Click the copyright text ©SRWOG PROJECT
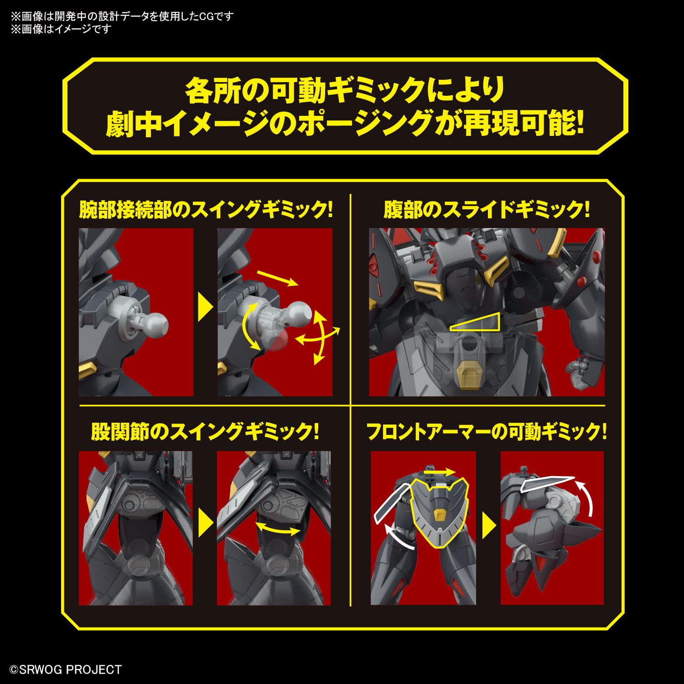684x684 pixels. pos(66,669)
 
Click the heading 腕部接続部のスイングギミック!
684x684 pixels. pos(206,210)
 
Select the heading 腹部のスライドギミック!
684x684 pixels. pos(487,210)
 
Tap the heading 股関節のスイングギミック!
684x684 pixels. pos(205,431)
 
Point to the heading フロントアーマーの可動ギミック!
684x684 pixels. pos(487,431)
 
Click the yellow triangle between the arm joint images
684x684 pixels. pos(205,308)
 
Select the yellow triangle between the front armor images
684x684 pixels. pos(488,526)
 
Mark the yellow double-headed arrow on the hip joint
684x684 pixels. pos(278,529)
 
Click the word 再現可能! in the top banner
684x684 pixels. pos(523,123)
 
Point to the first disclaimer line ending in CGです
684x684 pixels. pos(122,16)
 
